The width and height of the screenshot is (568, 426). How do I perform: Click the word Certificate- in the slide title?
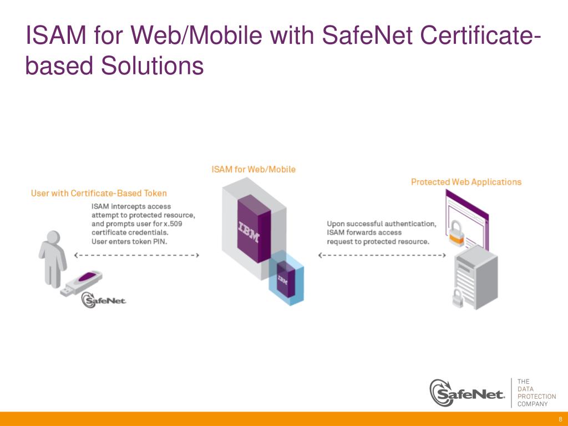click(480, 37)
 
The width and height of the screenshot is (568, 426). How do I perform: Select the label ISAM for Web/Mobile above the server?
click(253, 169)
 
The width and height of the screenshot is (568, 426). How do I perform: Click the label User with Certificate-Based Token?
click(99, 194)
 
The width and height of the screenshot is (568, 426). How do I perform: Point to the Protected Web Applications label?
click(466, 182)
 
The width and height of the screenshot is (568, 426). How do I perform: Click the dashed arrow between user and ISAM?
click(136, 255)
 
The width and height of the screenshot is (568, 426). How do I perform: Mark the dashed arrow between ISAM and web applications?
click(382, 255)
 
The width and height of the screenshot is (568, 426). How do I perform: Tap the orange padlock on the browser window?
click(456, 233)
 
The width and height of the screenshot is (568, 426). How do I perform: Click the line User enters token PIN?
click(129, 242)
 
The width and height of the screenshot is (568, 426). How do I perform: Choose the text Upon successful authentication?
click(382, 224)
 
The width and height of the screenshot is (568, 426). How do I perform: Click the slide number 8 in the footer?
click(560, 419)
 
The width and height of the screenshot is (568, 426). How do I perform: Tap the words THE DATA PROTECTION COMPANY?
click(536, 393)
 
